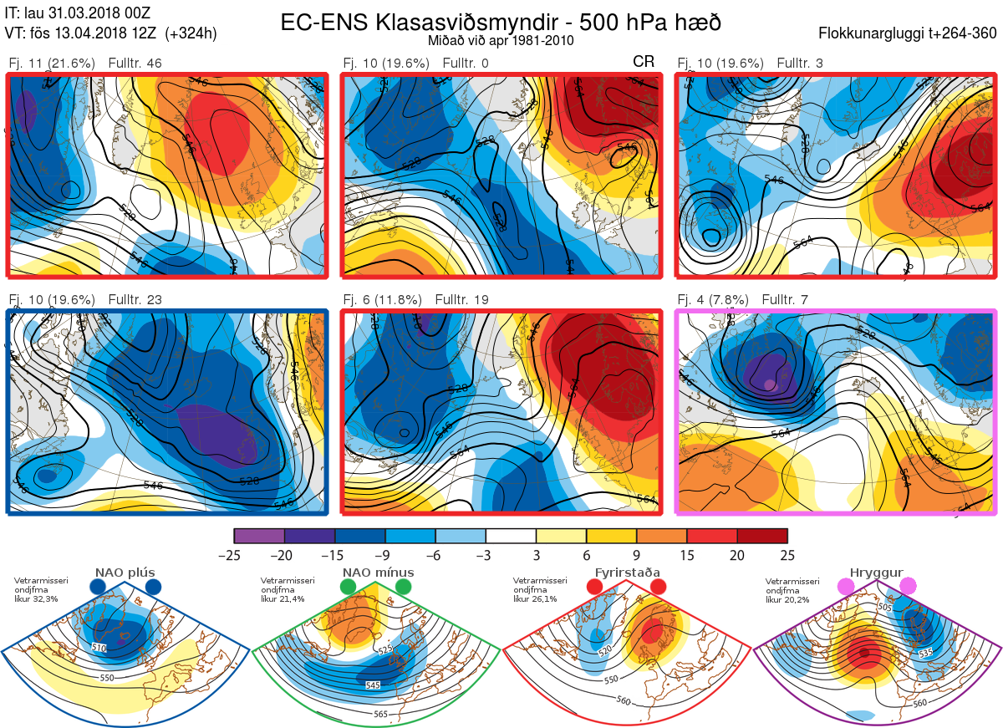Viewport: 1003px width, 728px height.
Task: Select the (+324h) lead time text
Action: (x=191, y=33)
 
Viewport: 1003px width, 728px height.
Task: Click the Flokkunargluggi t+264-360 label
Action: (x=909, y=33)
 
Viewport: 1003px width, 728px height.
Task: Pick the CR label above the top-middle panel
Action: (x=644, y=62)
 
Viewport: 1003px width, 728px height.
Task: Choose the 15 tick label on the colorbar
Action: (x=686, y=555)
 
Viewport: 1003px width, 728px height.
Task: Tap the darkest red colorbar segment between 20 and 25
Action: (x=761, y=536)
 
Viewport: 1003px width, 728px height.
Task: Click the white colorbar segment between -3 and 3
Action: (x=511, y=536)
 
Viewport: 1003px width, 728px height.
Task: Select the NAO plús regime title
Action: (x=125, y=573)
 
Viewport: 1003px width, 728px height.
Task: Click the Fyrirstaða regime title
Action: (x=627, y=573)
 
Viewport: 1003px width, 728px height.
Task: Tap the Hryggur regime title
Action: (x=878, y=573)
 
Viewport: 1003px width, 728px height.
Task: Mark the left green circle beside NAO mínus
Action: (x=348, y=588)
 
